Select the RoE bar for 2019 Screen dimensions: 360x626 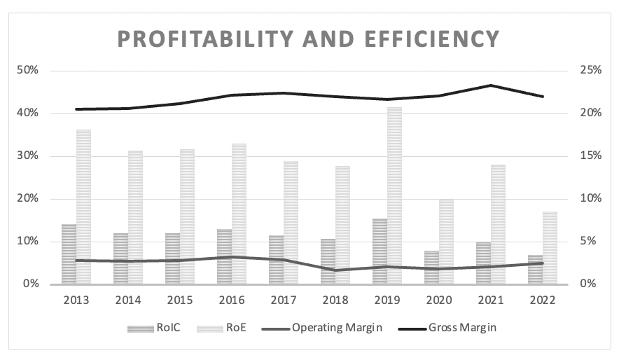395,195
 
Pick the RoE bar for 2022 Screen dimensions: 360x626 550,248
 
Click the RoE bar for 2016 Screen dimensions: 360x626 239,214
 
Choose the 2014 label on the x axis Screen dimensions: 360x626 128,300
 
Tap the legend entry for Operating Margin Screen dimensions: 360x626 337,327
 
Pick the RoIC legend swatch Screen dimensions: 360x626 137,328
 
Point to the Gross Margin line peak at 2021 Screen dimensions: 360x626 491,85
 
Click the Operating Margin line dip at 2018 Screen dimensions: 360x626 335,270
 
